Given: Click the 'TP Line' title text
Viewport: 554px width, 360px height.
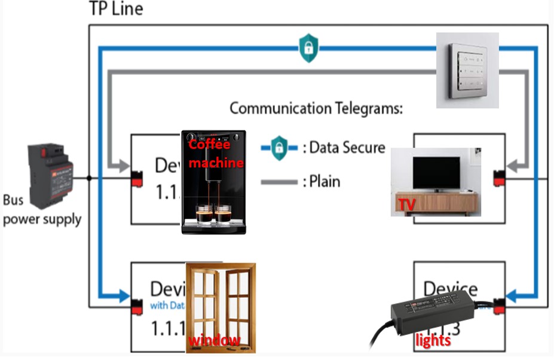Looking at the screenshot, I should tap(116, 9).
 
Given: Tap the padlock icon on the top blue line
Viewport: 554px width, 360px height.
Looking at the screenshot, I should tap(308, 48).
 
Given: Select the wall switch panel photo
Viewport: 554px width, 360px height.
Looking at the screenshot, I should tap(467, 70).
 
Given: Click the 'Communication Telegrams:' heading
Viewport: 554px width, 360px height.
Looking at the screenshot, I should tap(316, 108).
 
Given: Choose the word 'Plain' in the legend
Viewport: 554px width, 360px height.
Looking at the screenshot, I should tap(325, 181).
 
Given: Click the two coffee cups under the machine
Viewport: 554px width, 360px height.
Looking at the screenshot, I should tap(213, 214).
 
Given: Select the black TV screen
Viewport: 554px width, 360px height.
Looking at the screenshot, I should tap(437, 173).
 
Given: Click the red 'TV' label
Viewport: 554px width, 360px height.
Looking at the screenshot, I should tap(407, 205).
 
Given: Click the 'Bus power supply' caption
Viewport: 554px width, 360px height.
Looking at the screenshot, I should tap(42, 210).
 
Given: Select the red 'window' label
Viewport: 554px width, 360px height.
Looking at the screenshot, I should tap(215, 340).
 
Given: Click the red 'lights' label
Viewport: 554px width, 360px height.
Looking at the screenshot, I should tap(433, 340).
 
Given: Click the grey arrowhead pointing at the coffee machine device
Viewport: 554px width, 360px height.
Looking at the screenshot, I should tap(124, 165).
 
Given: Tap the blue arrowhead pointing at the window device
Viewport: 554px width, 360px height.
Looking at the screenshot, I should tap(124, 295).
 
